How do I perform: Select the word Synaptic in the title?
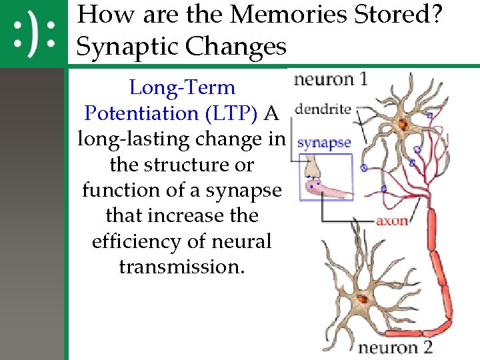coord(126,46)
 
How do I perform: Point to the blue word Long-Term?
coord(182,87)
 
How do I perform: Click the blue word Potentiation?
coord(137,113)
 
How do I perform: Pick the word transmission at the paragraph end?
coord(182,267)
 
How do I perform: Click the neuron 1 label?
coord(330,79)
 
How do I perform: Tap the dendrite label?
coord(323,109)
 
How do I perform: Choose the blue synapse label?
coord(324,142)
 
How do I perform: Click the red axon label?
coord(392,220)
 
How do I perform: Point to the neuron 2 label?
coord(395,347)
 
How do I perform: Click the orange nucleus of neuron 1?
coord(403,124)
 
